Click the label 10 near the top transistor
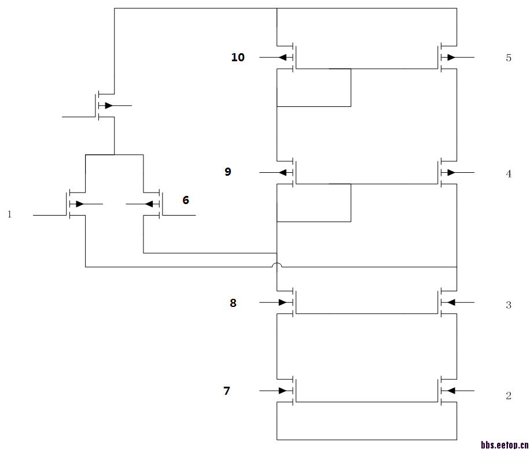click(x=238, y=57)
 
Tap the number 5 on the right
click(x=509, y=58)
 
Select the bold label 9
click(x=228, y=172)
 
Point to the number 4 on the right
click(x=509, y=174)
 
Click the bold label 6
click(x=186, y=200)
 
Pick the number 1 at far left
click(x=9, y=214)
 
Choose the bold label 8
click(x=233, y=303)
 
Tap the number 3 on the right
click(x=509, y=305)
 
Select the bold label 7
click(x=226, y=391)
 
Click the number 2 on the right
click(x=509, y=395)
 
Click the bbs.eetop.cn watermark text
click(x=505, y=445)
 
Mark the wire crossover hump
click(x=277, y=265)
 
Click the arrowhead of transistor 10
click(x=282, y=57)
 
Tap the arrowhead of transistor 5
click(x=451, y=57)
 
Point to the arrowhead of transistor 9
click(x=282, y=172)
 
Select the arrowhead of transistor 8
click(x=282, y=302)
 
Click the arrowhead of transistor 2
click(x=451, y=391)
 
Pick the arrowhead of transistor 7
click(x=282, y=391)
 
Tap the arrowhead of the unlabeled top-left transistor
click(x=109, y=106)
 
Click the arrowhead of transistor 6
click(x=149, y=204)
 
